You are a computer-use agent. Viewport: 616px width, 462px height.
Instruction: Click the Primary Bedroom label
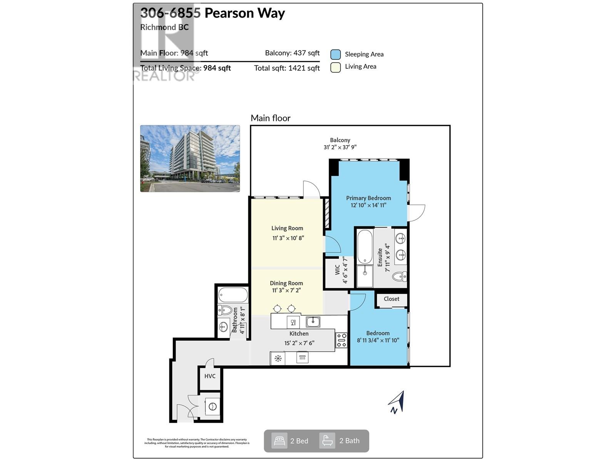[368, 198]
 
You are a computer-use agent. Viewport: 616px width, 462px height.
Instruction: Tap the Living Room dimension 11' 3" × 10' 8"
[288, 238]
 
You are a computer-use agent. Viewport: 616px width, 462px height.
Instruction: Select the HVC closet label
[210, 376]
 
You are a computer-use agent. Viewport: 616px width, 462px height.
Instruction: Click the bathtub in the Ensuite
[365, 246]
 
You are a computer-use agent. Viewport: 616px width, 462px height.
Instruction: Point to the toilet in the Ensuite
[399, 276]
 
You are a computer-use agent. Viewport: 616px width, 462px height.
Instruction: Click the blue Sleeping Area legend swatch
[335, 54]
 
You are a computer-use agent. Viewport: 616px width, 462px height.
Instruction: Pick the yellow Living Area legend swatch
[335, 67]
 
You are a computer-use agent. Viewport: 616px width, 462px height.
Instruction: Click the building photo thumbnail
[190, 158]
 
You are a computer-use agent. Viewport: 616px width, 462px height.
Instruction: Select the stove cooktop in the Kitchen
[341, 340]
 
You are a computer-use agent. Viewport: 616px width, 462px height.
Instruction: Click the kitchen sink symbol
[313, 321]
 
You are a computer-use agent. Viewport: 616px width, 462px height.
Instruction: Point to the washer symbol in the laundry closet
[212, 407]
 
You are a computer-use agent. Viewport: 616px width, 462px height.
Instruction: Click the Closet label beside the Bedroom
[391, 299]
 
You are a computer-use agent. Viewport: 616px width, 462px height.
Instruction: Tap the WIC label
[338, 269]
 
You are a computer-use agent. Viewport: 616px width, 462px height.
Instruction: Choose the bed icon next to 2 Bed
[279, 440]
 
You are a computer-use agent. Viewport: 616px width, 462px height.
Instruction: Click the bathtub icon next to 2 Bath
[327, 440]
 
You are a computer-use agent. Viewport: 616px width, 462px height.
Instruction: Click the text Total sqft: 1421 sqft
[287, 68]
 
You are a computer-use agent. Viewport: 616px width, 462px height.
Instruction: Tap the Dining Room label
[286, 283]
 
